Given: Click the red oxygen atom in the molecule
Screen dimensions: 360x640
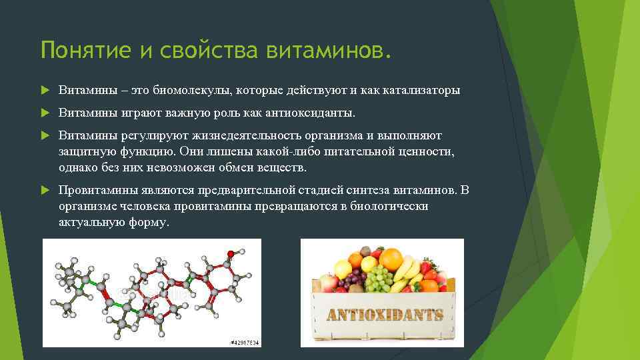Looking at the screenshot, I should point(231,253).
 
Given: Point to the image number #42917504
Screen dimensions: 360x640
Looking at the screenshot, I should point(244,343).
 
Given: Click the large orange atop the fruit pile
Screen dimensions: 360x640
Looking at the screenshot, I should point(391,258).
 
